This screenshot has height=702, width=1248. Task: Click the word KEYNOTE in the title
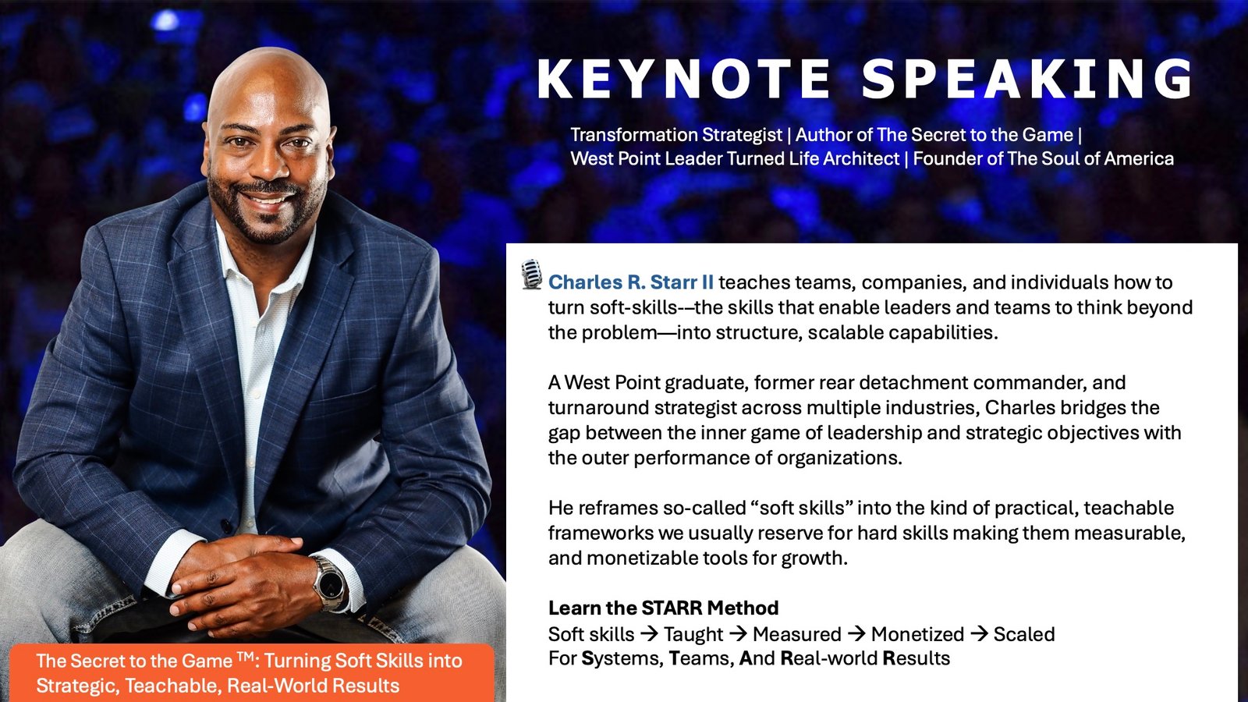pos(684,80)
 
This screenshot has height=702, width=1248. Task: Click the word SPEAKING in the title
pos(1027,80)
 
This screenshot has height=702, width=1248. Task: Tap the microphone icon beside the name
pos(531,275)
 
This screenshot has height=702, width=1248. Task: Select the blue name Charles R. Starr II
pos(630,282)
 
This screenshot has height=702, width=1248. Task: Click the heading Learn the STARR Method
pos(663,608)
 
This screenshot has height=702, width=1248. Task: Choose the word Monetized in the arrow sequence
pos(917,634)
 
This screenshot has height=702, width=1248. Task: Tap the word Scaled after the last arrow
pos(1023,634)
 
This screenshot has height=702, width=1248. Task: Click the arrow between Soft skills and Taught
pos(650,634)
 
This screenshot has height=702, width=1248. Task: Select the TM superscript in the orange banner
pos(246,657)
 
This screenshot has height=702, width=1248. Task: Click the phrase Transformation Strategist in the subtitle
pos(675,135)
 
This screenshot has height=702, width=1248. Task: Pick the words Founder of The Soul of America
pos(1043,159)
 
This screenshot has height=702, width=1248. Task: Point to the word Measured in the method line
pos(796,634)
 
